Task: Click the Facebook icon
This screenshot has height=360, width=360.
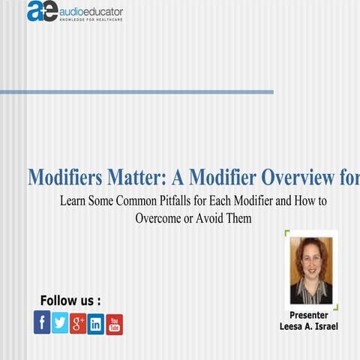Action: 42,322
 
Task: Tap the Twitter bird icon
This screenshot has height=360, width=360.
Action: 60,322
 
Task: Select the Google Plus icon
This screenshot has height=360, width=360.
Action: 78,323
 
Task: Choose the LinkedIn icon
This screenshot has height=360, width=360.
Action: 96,324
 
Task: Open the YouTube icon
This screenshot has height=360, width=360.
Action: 114,324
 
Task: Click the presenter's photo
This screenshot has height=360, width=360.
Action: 310,270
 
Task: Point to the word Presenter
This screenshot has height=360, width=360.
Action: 309,315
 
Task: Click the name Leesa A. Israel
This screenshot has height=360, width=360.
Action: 309,327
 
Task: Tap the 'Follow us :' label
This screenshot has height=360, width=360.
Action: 70,301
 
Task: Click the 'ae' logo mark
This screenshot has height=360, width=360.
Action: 42,11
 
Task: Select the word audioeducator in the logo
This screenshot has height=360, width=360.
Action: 91,10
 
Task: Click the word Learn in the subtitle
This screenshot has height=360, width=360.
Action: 73,202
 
